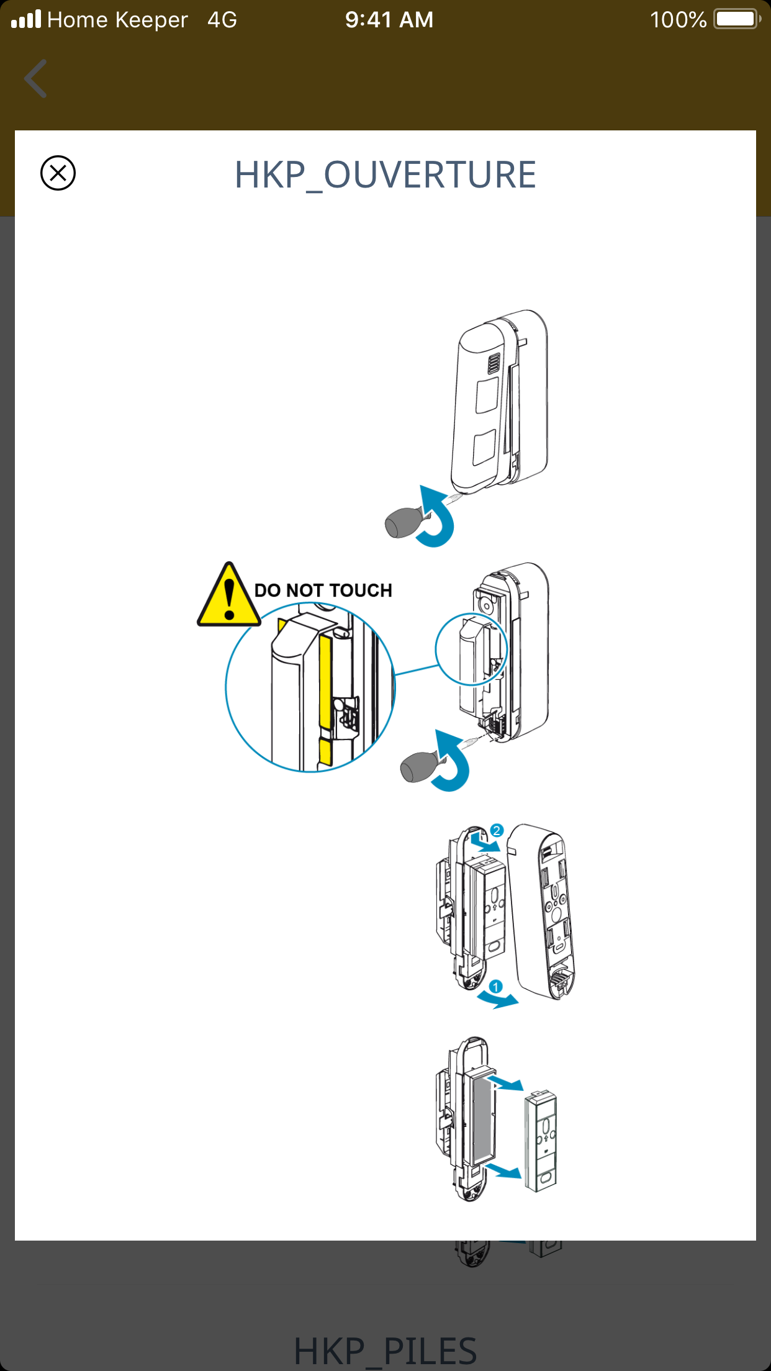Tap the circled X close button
58,173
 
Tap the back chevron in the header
35,79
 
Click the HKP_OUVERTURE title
385,174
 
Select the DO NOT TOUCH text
323,590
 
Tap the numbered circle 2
497,830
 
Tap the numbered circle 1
495,987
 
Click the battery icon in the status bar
737,19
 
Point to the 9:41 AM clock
389,20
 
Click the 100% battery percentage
678,20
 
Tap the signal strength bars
26,20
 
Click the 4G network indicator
222,20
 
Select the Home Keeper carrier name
117,20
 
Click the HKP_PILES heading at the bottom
385,1351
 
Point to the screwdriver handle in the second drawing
418,767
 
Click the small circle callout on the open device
472,649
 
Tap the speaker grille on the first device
494,364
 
